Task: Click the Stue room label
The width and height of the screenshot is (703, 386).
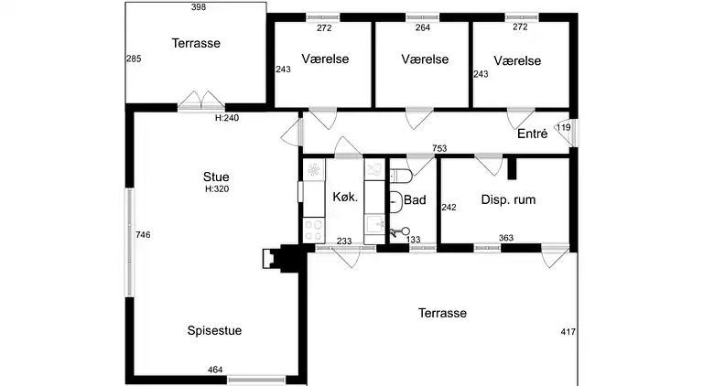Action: click(216, 177)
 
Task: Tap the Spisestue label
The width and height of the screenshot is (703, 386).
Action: click(214, 330)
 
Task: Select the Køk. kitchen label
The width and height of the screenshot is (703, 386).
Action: click(345, 197)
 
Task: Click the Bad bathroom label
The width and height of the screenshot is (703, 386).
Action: click(415, 199)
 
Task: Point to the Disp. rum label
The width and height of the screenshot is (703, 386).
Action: click(508, 199)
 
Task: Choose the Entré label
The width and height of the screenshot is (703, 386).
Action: click(532, 134)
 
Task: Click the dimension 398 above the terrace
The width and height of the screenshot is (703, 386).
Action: click(198, 6)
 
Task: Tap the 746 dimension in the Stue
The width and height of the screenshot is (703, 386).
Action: click(143, 235)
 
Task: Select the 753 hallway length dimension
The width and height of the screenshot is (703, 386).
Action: click(439, 148)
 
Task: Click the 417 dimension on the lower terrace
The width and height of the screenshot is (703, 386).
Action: click(568, 332)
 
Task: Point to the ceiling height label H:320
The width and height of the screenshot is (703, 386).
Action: click(217, 189)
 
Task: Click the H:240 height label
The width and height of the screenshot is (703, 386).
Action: click(227, 118)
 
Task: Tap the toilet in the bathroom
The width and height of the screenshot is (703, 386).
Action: click(400, 176)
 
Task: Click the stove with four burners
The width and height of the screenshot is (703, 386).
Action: click(314, 231)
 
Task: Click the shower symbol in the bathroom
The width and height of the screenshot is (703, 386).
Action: click(398, 232)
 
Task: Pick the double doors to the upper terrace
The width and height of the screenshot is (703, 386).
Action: click(200, 101)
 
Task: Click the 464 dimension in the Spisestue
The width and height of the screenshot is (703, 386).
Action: click(215, 370)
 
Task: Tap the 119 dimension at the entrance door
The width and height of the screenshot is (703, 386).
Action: click(563, 127)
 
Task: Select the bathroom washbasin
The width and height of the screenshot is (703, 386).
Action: click(395, 201)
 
